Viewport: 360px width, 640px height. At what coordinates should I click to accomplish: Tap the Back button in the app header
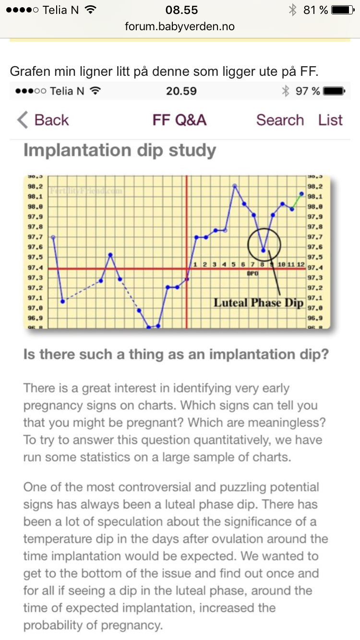[43, 120]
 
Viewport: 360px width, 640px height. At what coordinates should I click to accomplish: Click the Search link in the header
[280, 120]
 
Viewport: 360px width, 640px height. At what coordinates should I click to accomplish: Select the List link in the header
[330, 120]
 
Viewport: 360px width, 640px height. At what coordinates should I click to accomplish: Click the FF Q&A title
[180, 120]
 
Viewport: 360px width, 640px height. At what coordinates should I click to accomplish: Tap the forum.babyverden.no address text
[180, 26]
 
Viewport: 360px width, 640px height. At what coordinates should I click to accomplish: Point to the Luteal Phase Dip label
[258, 303]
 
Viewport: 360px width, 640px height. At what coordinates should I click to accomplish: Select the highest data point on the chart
[235, 186]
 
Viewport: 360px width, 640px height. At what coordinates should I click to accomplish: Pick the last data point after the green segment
[301, 194]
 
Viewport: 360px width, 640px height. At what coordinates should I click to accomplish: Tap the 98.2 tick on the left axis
[36, 187]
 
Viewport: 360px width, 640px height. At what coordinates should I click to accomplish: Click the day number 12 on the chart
[300, 264]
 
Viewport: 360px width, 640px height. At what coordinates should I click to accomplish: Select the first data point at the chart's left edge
[53, 237]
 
